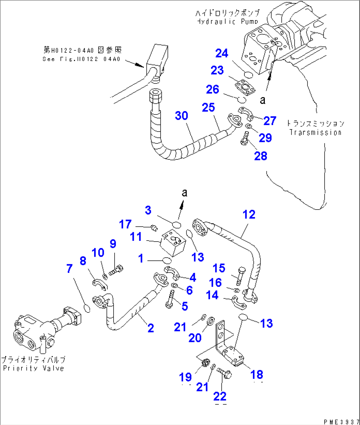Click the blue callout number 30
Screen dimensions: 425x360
point(181,116)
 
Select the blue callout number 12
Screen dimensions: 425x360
point(249,215)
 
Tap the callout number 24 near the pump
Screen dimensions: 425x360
point(222,53)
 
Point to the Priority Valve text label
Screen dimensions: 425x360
point(33,368)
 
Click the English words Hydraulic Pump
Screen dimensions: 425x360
point(227,22)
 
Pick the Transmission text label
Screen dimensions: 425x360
point(315,132)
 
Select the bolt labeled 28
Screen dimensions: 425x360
point(245,138)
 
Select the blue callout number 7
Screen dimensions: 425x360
point(69,269)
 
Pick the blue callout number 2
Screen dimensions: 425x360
point(151,328)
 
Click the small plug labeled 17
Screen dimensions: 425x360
point(154,227)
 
